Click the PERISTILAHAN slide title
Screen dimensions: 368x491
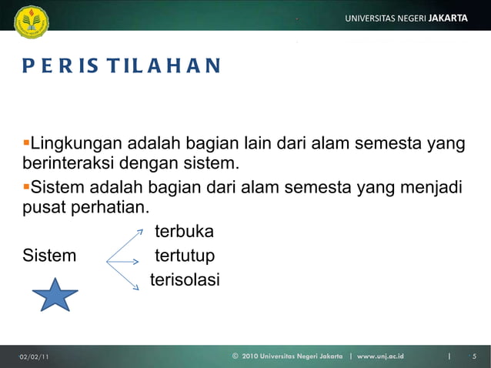tap(121, 65)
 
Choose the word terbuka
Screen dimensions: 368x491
tap(184, 232)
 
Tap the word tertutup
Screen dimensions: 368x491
tap(185, 256)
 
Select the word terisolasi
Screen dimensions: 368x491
tap(185, 279)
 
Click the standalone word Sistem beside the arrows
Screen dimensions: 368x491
tap(49, 256)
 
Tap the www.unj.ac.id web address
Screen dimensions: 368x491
tap(380, 356)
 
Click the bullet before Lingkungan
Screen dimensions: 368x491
tap(25, 143)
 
